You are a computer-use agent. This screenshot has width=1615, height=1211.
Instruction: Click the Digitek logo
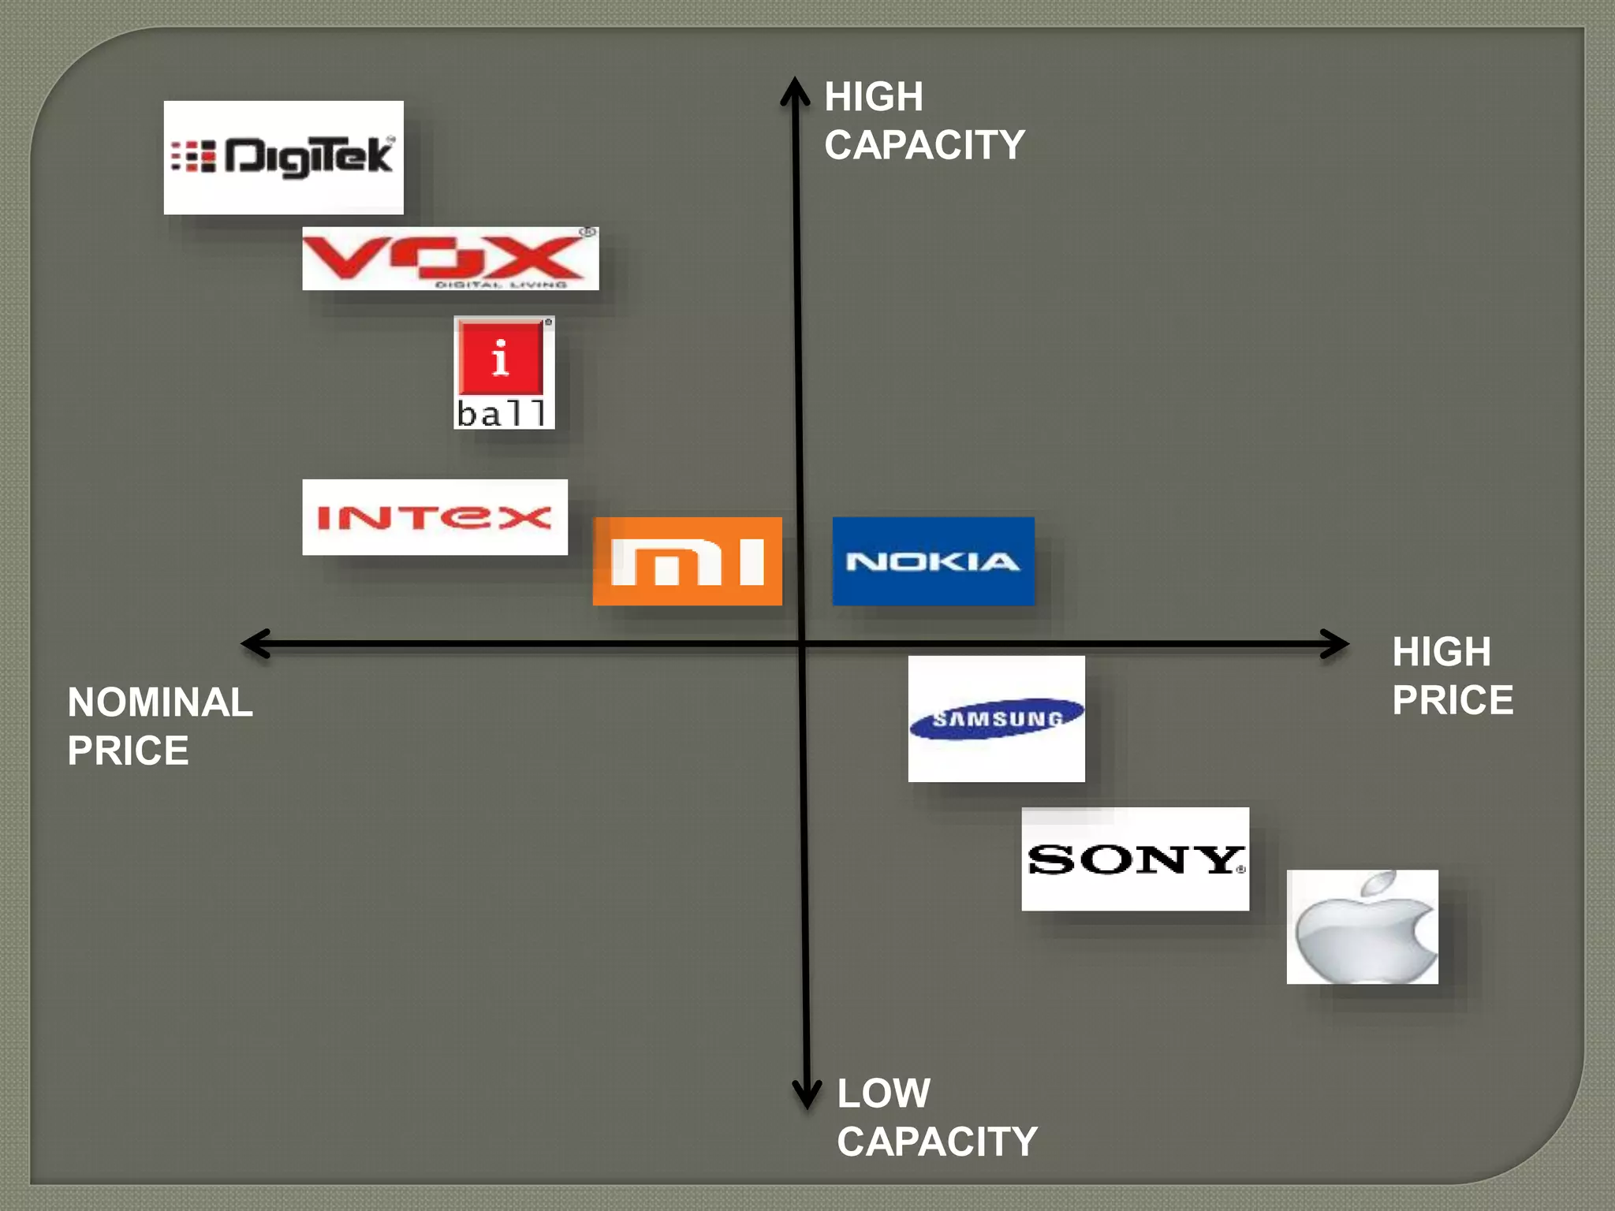tap(283, 157)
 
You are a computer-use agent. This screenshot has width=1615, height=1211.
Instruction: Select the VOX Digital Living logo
tap(449, 259)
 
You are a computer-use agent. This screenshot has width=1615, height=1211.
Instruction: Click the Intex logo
tap(435, 517)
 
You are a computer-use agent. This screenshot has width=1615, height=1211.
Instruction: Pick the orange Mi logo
tap(687, 561)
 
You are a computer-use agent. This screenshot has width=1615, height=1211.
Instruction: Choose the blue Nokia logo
tap(933, 561)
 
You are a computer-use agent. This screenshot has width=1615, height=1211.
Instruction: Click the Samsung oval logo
tap(996, 718)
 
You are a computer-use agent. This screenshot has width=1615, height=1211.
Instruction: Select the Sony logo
tap(1135, 859)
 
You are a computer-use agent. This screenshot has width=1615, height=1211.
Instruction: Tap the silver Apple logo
tap(1362, 927)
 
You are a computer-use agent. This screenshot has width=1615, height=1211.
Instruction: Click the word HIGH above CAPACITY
tap(874, 97)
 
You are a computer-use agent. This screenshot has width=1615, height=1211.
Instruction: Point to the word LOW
tap(883, 1094)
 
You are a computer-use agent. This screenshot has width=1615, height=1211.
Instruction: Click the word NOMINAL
tap(160, 702)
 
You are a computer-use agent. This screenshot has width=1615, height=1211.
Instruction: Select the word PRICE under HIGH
tap(1453, 700)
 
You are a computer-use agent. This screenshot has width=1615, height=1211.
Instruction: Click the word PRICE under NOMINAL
tap(128, 751)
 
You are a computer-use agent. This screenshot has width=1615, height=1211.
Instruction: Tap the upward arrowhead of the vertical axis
tap(795, 88)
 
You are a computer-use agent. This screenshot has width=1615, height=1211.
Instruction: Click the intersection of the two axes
tap(801, 644)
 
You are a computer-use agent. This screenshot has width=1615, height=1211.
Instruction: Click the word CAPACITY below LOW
tap(937, 1142)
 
